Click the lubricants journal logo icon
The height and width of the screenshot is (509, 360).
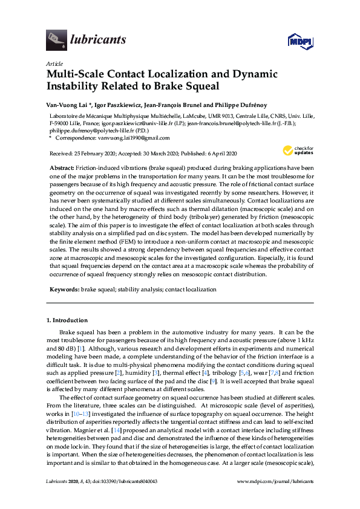(x=56, y=40)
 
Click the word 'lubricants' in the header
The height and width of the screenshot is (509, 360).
(x=98, y=40)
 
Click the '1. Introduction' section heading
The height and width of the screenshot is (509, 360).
(x=67, y=320)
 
